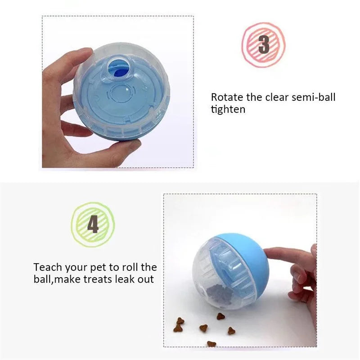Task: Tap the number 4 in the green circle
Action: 93,224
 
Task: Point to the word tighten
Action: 228,109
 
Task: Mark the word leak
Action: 124,279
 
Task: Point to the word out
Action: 145,279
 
